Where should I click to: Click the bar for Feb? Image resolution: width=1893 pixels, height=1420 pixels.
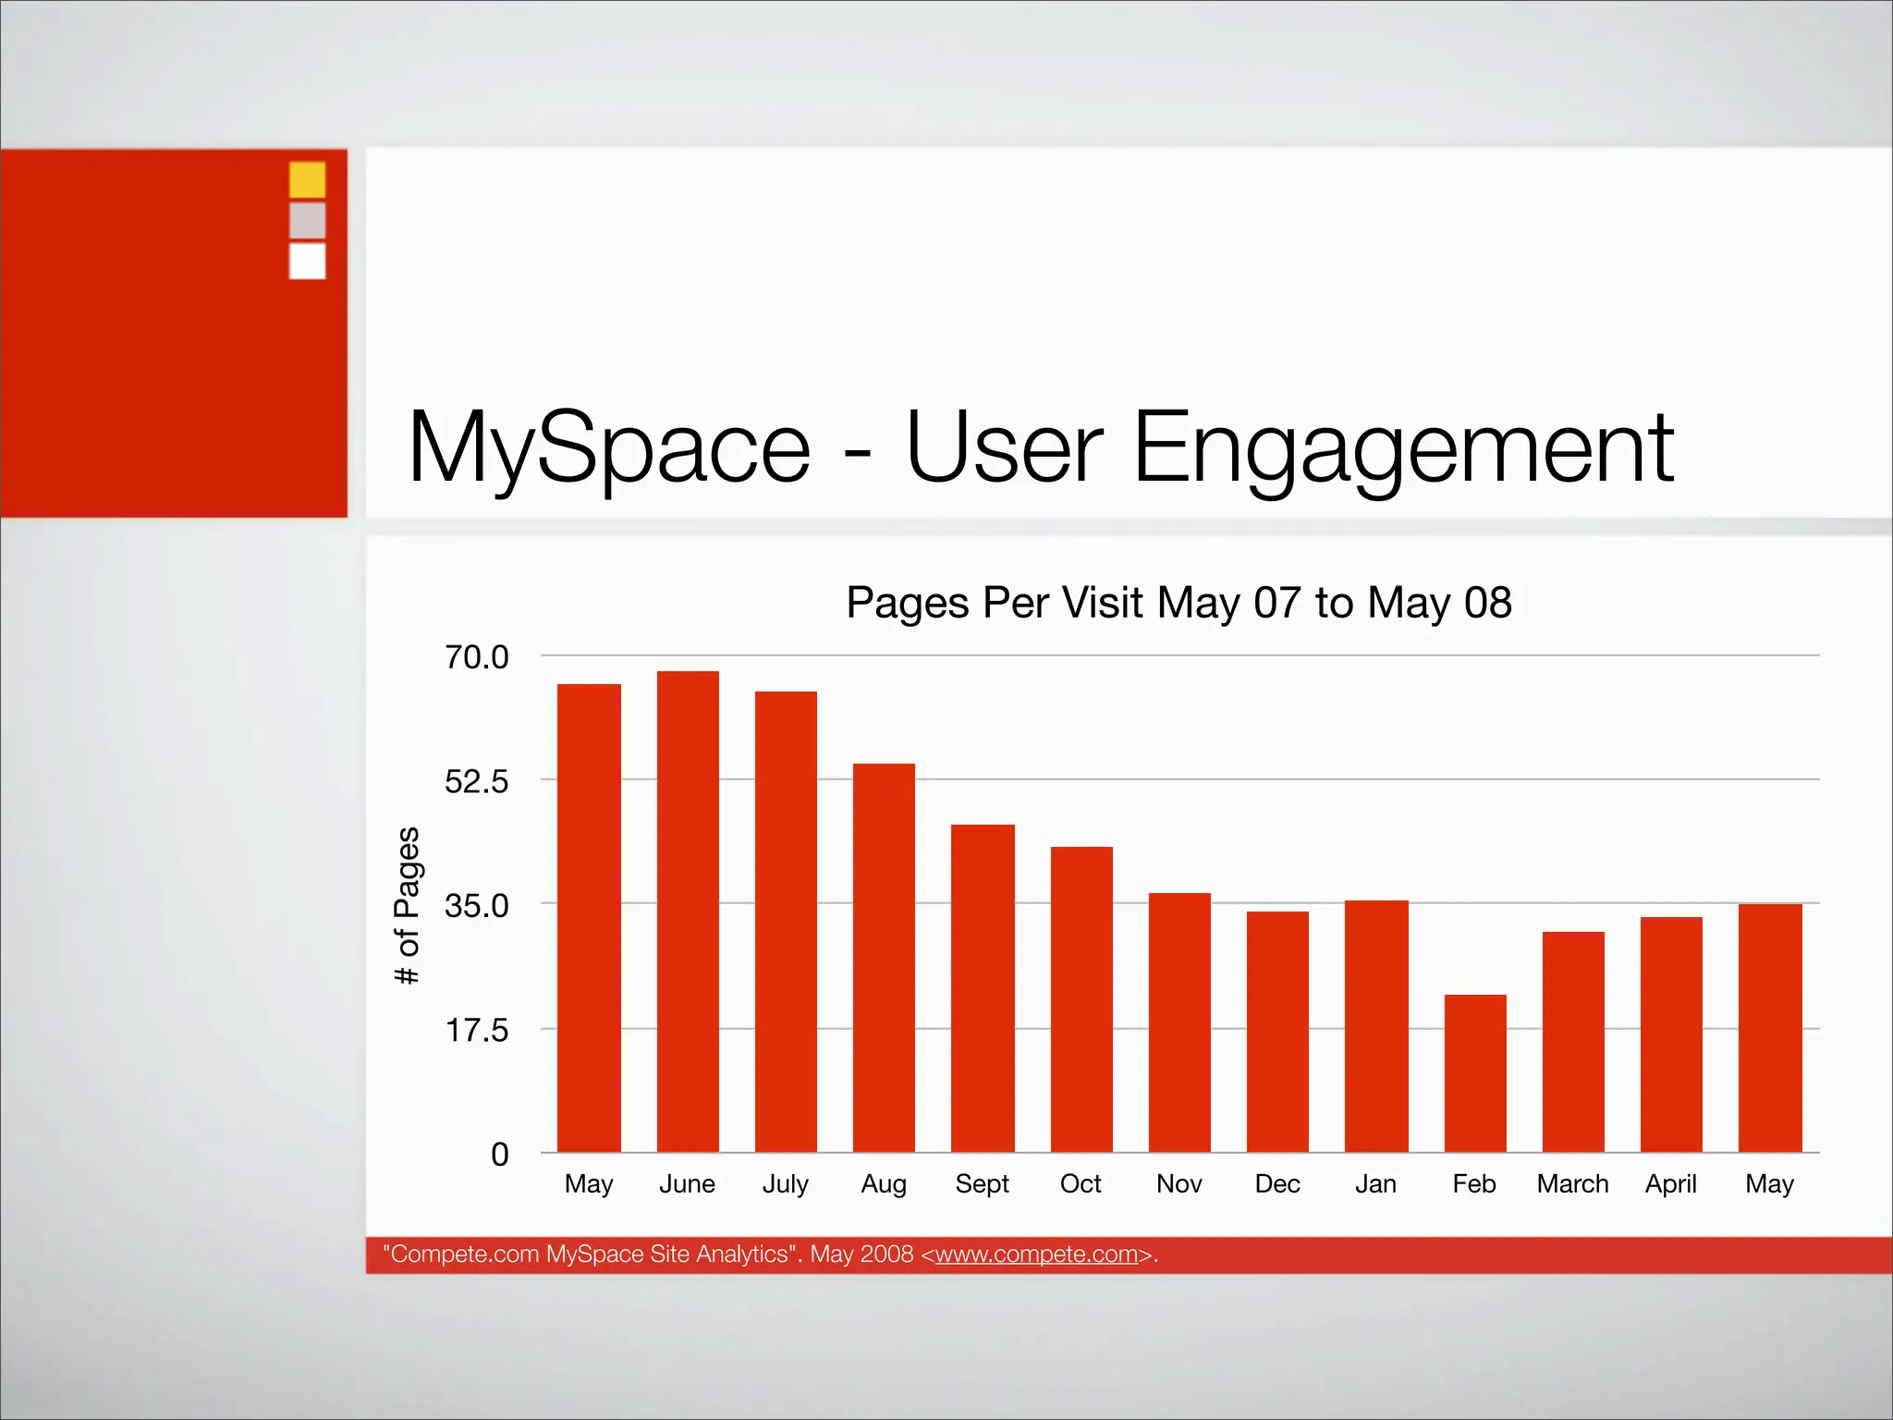pyautogui.click(x=1475, y=1073)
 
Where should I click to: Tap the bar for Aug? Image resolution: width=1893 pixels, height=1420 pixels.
pyautogui.click(x=884, y=958)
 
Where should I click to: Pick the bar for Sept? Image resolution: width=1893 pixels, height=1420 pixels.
pyautogui.click(x=983, y=988)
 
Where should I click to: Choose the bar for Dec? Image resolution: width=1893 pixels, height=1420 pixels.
pyautogui.click(x=1277, y=1032)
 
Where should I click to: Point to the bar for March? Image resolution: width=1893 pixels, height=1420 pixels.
pyautogui.click(x=1573, y=1042)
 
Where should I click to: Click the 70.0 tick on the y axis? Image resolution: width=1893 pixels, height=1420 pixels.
pyautogui.click(x=476, y=657)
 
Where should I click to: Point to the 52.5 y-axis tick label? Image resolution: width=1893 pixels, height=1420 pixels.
pyautogui.click(x=476, y=782)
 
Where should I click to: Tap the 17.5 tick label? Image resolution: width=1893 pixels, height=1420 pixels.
pyautogui.click(x=476, y=1030)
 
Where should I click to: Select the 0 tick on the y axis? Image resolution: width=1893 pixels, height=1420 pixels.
pyautogui.click(x=499, y=1155)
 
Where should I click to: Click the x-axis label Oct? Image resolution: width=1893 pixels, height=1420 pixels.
pyautogui.click(x=1081, y=1184)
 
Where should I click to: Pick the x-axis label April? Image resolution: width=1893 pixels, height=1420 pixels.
pyautogui.click(x=1670, y=1184)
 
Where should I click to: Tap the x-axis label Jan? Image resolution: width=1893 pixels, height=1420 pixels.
pyautogui.click(x=1375, y=1184)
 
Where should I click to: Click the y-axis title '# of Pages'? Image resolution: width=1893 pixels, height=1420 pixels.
pyautogui.click(x=408, y=905)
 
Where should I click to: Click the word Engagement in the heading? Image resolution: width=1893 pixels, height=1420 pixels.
pyautogui.click(x=1402, y=449)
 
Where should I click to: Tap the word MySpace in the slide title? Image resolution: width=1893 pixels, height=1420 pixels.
pyautogui.click(x=609, y=449)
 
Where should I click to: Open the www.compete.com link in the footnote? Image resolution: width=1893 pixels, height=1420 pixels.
pyautogui.click(x=1036, y=1255)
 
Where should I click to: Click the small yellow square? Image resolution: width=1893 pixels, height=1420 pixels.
pyautogui.click(x=307, y=179)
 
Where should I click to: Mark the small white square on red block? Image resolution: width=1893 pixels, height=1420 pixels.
pyautogui.click(x=307, y=261)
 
